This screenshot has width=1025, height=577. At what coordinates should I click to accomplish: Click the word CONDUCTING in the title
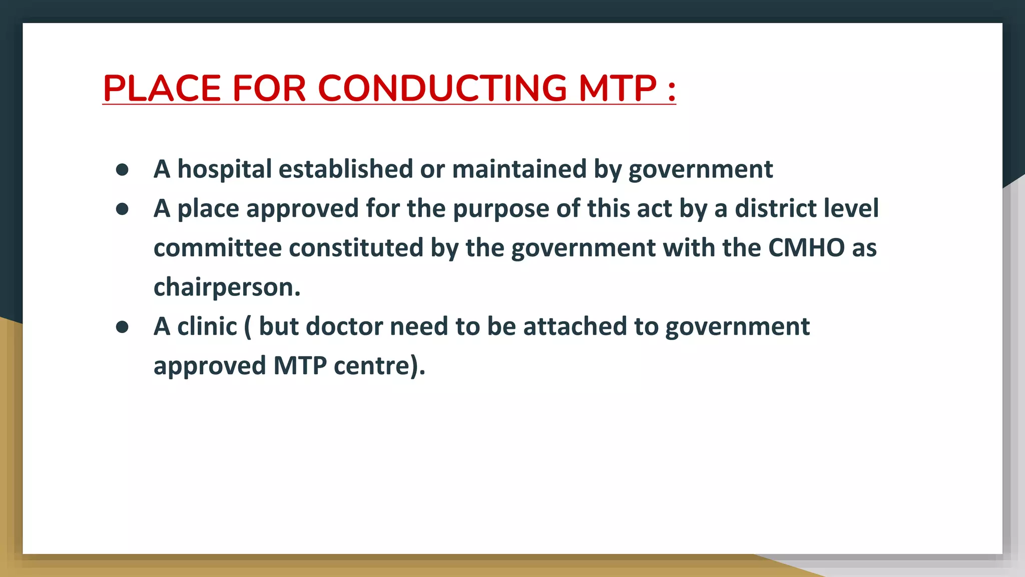coord(442,88)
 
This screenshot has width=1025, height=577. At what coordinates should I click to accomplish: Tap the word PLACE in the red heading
coord(162,88)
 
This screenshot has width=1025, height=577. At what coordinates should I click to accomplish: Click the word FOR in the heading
coord(269,88)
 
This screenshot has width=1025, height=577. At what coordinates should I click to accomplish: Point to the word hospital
coord(225,169)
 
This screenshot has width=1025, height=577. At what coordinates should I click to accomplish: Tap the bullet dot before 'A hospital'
coord(122,170)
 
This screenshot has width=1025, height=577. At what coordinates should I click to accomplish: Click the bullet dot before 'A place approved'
coord(122,209)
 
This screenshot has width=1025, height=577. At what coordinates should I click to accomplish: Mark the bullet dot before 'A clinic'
coord(122,327)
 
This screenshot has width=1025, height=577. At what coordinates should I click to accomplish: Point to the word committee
coord(218,247)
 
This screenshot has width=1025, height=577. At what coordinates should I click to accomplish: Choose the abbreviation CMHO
coord(806,247)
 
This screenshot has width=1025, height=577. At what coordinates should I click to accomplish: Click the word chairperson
coord(227,287)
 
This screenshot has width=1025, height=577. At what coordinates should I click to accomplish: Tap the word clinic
coord(207,326)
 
